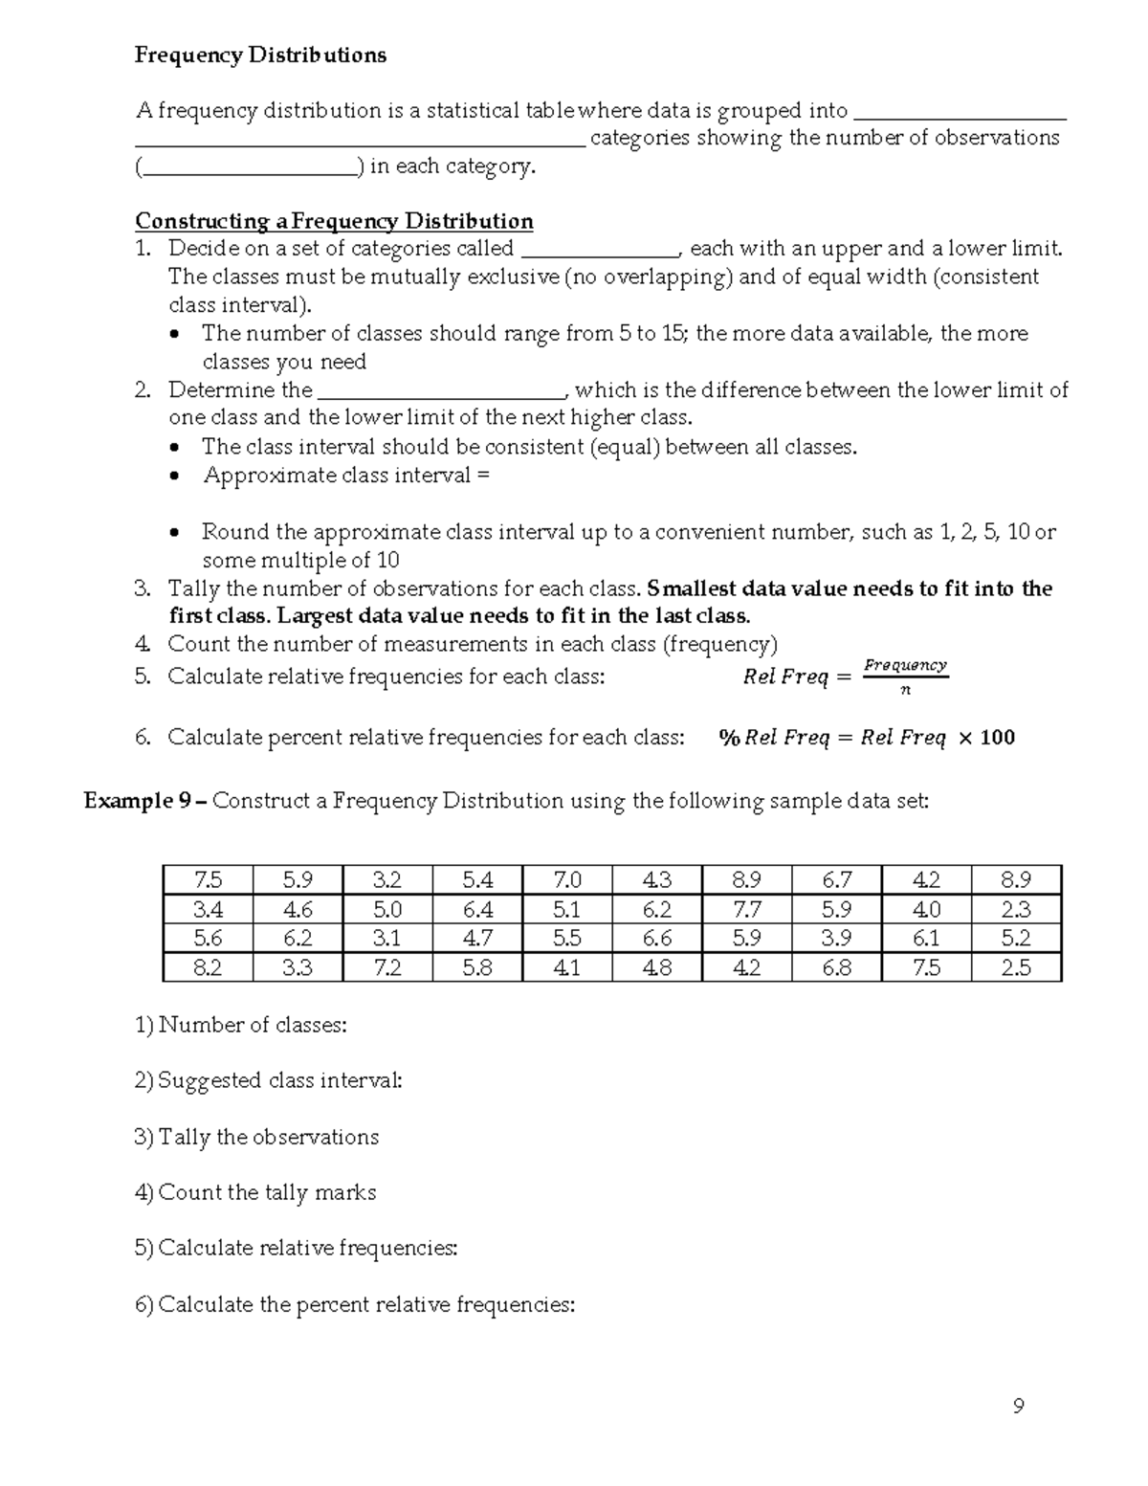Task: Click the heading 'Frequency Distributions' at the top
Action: [x=260, y=55]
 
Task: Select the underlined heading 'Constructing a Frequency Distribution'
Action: [x=334, y=221]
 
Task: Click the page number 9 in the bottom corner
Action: [x=1018, y=1406]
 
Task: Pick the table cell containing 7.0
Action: [x=566, y=879]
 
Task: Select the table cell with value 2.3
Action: [x=1015, y=909]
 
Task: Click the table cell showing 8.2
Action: [x=208, y=967]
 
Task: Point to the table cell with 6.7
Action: [x=836, y=879]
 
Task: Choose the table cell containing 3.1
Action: [x=386, y=938]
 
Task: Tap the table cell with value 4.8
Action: [x=656, y=967]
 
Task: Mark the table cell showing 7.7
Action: [x=746, y=909]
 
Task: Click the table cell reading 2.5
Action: [x=1015, y=967]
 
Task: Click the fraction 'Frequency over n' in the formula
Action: [x=905, y=676]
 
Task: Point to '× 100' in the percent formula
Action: [x=985, y=738]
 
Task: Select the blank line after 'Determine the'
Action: [x=441, y=391]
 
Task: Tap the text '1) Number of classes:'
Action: [x=241, y=1025]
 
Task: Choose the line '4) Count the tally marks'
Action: [x=255, y=1192]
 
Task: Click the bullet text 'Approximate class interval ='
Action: [x=345, y=476]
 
